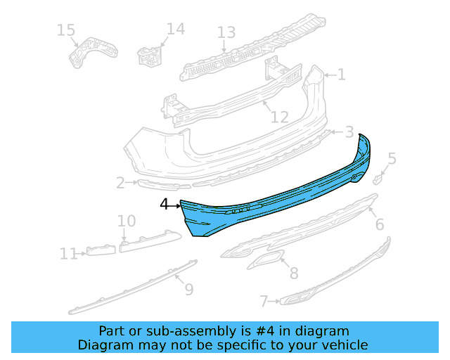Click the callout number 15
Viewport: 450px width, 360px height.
(65, 30)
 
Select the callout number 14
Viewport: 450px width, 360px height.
(175, 29)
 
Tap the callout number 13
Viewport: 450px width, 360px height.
(226, 32)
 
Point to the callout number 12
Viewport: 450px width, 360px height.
(279, 117)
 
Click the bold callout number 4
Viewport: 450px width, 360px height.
(164, 205)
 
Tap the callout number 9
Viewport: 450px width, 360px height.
(188, 288)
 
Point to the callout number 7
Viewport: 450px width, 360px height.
(264, 302)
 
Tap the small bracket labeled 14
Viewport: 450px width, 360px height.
(149, 56)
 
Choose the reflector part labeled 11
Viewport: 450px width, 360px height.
(100, 250)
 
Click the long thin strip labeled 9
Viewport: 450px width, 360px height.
(134, 286)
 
